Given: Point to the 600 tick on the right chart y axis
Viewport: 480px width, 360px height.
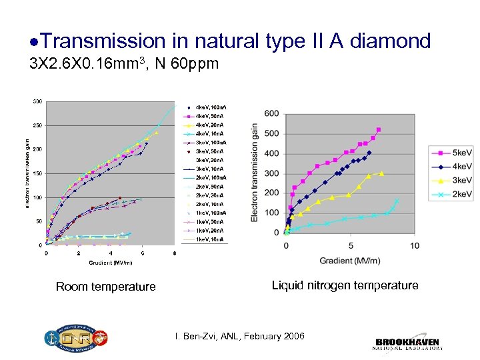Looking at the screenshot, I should coord(271,114).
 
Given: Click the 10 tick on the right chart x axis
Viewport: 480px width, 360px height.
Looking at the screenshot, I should coord(414,245).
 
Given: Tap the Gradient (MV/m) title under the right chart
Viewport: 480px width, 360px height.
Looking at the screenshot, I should coord(350,260).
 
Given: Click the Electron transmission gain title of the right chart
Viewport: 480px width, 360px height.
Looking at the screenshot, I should coord(255,173).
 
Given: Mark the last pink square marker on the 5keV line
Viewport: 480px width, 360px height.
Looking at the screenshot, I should coord(379,129).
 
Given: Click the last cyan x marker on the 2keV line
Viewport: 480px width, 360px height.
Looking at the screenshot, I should coord(397,201).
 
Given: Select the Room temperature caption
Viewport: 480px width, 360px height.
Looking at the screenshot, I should coord(105,287).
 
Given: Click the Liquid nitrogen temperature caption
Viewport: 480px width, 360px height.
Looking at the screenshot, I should coord(345,285).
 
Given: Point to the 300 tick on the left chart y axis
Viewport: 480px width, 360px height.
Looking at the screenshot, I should coord(37,101).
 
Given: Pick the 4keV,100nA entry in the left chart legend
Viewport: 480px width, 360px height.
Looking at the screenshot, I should coord(204,107).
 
